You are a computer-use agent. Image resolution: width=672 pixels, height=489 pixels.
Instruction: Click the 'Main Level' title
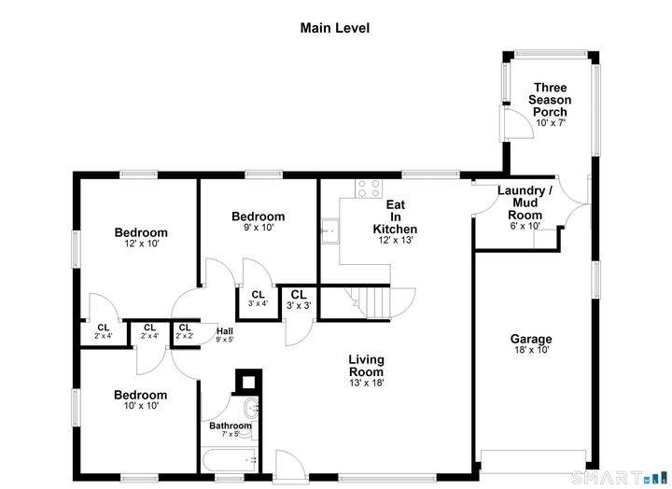pyautogui.click(x=334, y=28)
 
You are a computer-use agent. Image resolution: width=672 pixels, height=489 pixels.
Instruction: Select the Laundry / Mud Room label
pyautogui.click(x=524, y=208)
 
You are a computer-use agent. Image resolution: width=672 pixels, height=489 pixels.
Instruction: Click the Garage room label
pyautogui.click(x=530, y=343)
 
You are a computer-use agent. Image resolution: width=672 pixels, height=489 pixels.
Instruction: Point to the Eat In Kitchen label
pyautogui.click(x=395, y=222)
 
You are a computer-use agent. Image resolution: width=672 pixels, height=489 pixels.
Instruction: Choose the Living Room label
pyautogui.click(x=366, y=370)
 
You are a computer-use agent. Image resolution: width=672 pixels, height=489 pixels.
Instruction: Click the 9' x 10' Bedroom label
pyautogui.click(x=259, y=222)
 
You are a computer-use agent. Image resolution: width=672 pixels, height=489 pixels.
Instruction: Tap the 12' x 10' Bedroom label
pyautogui.click(x=141, y=238)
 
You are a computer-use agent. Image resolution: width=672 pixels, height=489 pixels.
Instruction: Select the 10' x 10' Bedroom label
pyautogui.click(x=141, y=400)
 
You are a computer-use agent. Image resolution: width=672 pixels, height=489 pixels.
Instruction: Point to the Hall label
pyautogui.click(x=224, y=334)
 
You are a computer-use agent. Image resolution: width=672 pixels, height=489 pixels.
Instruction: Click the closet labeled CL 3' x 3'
pyautogui.click(x=297, y=300)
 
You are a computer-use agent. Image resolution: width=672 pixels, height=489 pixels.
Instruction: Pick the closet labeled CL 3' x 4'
pyautogui.click(x=258, y=299)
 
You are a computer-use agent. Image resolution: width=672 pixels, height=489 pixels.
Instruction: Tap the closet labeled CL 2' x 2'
pyautogui.click(x=184, y=331)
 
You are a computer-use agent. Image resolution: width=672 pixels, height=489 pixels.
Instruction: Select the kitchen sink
pyautogui.click(x=329, y=229)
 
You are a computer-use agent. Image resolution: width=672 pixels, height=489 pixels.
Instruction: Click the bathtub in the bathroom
pyautogui.click(x=230, y=459)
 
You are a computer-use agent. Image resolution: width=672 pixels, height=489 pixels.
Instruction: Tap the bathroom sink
pyautogui.click(x=251, y=410)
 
